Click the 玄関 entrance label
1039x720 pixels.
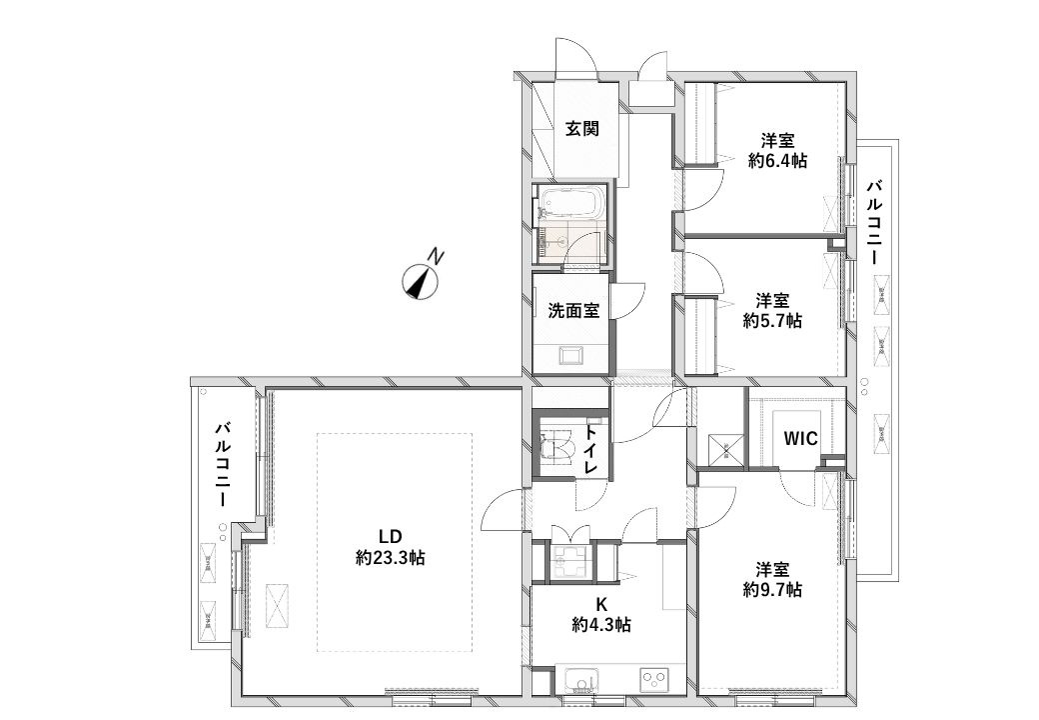pyautogui.click(x=582, y=128)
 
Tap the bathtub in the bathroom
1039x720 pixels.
pyautogui.click(x=571, y=202)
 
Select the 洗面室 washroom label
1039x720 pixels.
pyautogui.click(x=573, y=310)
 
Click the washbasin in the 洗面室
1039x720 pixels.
pyautogui.click(x=571, y=356)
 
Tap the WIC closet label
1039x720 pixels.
pyautogui.click(x=800, y=438)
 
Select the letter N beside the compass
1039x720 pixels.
pyautogui.click(x=435, y=255)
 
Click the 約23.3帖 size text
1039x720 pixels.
pyautogui.click(x=391, y=558)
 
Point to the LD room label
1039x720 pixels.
pyautogui.click(x=391, y=536)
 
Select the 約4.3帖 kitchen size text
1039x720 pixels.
pyautogui.click(x=601, y=624)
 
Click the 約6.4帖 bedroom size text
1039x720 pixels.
pyautogui.click(x=777, y=160)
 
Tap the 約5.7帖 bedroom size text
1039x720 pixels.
pyautogui.click(x=772, y=320)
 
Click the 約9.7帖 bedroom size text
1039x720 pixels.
pyautogui.click(x=772, y=589)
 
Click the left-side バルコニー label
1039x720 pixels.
pyautogui.click(x=222, y=464)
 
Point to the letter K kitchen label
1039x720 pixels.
pyautogui.click(x=601, y=604)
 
